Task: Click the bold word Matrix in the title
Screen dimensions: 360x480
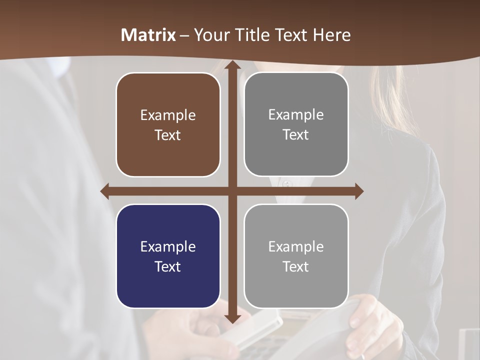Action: (148, 35)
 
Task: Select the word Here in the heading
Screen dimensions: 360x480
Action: (331, 35)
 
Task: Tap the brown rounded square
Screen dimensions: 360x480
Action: (168, 125)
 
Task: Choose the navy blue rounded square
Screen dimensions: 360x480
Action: (168, 256)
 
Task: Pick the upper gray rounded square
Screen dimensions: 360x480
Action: (296, 125)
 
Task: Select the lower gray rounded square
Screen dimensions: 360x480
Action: (296, 256)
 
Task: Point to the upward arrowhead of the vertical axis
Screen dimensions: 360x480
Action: (232, 65)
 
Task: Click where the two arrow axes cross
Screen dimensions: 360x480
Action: (232, 191)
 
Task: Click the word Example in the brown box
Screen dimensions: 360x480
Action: (168, 115)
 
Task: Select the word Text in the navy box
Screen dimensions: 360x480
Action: (168, 266)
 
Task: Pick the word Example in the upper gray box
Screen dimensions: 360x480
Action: (296, 115)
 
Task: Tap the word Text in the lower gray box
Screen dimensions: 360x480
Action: (296, 266)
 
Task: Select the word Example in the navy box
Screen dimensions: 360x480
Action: (168, 246)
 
